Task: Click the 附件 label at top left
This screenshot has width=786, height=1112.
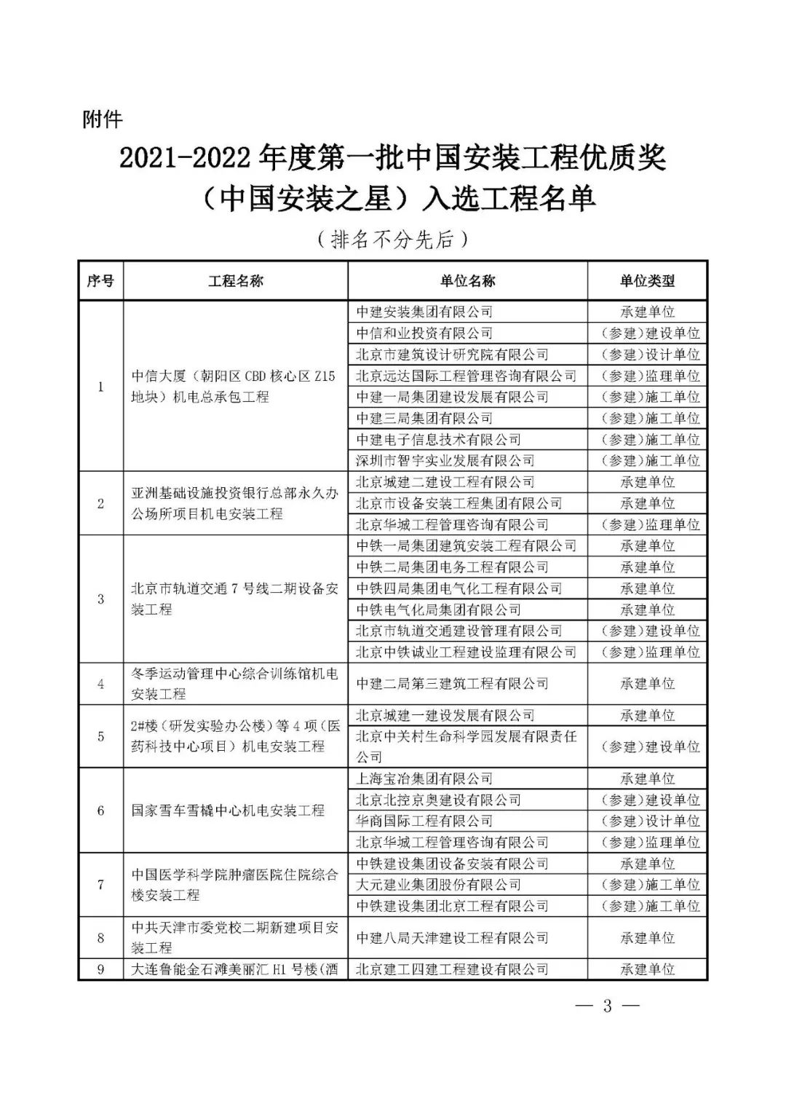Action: click(103, 119)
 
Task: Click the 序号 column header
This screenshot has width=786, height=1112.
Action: click(100, 281)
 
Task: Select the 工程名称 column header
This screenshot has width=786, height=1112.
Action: click(235, 281)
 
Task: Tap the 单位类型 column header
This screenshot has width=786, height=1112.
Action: click(647, 281)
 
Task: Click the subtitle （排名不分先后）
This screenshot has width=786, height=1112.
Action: click(392, 240)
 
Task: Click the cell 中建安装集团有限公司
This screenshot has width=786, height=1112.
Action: click(424, 312)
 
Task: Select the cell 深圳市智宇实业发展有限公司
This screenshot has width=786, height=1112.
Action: click(445, 460)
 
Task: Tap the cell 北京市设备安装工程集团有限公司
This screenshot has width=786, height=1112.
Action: click(458, 503)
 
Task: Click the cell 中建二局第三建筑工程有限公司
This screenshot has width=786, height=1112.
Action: click(452, 683)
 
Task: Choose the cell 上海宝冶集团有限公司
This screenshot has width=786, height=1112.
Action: click(424, 778)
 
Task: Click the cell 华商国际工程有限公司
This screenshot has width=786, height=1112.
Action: click(424, 821)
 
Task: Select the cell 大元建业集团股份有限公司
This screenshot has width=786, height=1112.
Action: click(438, 885)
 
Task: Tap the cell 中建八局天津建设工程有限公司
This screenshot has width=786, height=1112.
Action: click(452, 938)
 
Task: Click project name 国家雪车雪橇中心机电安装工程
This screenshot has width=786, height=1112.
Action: click(228, 811)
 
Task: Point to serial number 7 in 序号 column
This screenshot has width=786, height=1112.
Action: click(100, 885)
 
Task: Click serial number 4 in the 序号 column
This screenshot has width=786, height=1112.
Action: click(100, 684)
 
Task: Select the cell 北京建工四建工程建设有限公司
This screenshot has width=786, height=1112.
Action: click(452, 969)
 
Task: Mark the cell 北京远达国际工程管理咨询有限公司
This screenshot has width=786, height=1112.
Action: click(466, 376)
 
